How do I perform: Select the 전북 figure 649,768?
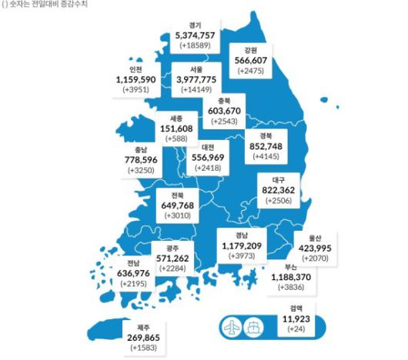coord(179,205)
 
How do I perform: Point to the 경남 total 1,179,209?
coord(241,246)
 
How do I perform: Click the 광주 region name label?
coord(172,248)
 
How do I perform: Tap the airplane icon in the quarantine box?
coord(230,323)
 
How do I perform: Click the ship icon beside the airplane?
coord(254,323)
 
